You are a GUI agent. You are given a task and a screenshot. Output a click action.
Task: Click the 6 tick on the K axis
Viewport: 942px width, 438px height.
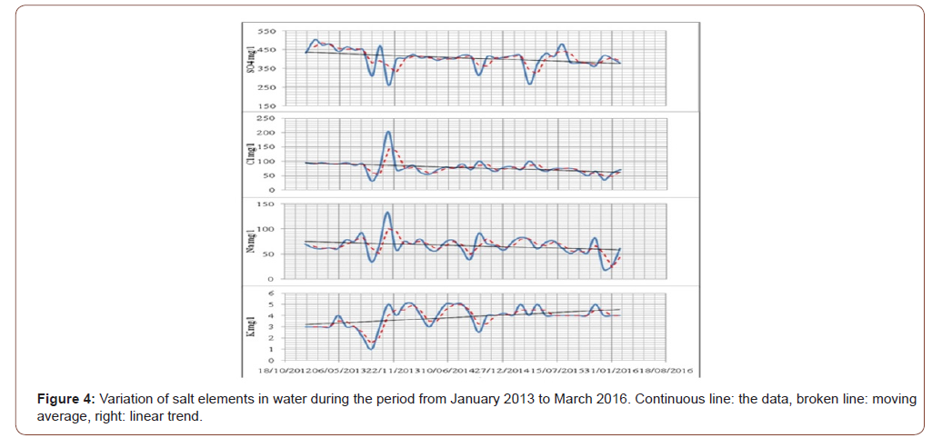271,294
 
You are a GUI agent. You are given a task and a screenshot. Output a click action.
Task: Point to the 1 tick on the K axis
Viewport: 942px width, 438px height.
271,349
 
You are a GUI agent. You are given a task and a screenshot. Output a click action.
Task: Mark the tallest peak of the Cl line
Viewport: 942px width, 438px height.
389,132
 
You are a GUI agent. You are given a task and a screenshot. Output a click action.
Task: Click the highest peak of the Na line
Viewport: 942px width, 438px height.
388,213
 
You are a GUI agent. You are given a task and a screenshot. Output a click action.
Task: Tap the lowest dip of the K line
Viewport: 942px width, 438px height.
371,349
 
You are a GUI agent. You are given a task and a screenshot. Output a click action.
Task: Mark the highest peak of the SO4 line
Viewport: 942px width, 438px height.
316,40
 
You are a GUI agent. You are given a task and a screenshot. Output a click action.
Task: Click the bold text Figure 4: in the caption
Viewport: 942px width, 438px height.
65,400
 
